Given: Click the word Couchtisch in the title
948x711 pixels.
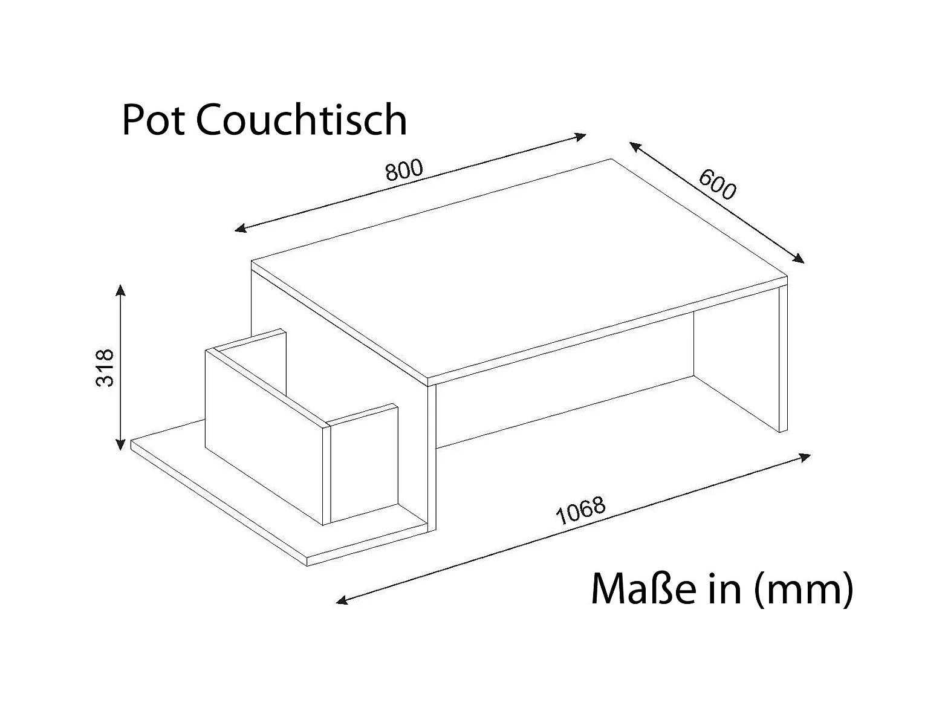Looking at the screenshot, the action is (x=301, y=120).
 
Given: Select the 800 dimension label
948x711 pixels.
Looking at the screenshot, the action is (x=404, y=170).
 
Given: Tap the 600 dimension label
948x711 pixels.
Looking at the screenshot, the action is (x=718, y=184).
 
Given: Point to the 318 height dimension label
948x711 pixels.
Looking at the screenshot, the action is (x=106, y=368).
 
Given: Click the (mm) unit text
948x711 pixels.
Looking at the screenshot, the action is (x=804, y=589).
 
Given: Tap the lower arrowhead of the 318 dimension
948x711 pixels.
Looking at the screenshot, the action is (x=122, y=445).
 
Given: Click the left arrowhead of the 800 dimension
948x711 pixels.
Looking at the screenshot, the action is (x=240, y=229).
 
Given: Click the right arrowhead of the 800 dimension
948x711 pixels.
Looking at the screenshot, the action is (x=581, y=136).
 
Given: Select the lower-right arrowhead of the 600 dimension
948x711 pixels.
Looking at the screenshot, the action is (x=799, y=259).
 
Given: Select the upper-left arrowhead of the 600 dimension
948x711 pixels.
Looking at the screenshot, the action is (x=634, y=146).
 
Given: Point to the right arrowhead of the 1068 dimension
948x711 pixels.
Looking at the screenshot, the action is (x=805, y=456).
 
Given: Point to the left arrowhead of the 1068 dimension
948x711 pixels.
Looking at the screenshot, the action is (x=342, y=600).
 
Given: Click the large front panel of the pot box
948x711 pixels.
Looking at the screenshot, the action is (x=265, y=432).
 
